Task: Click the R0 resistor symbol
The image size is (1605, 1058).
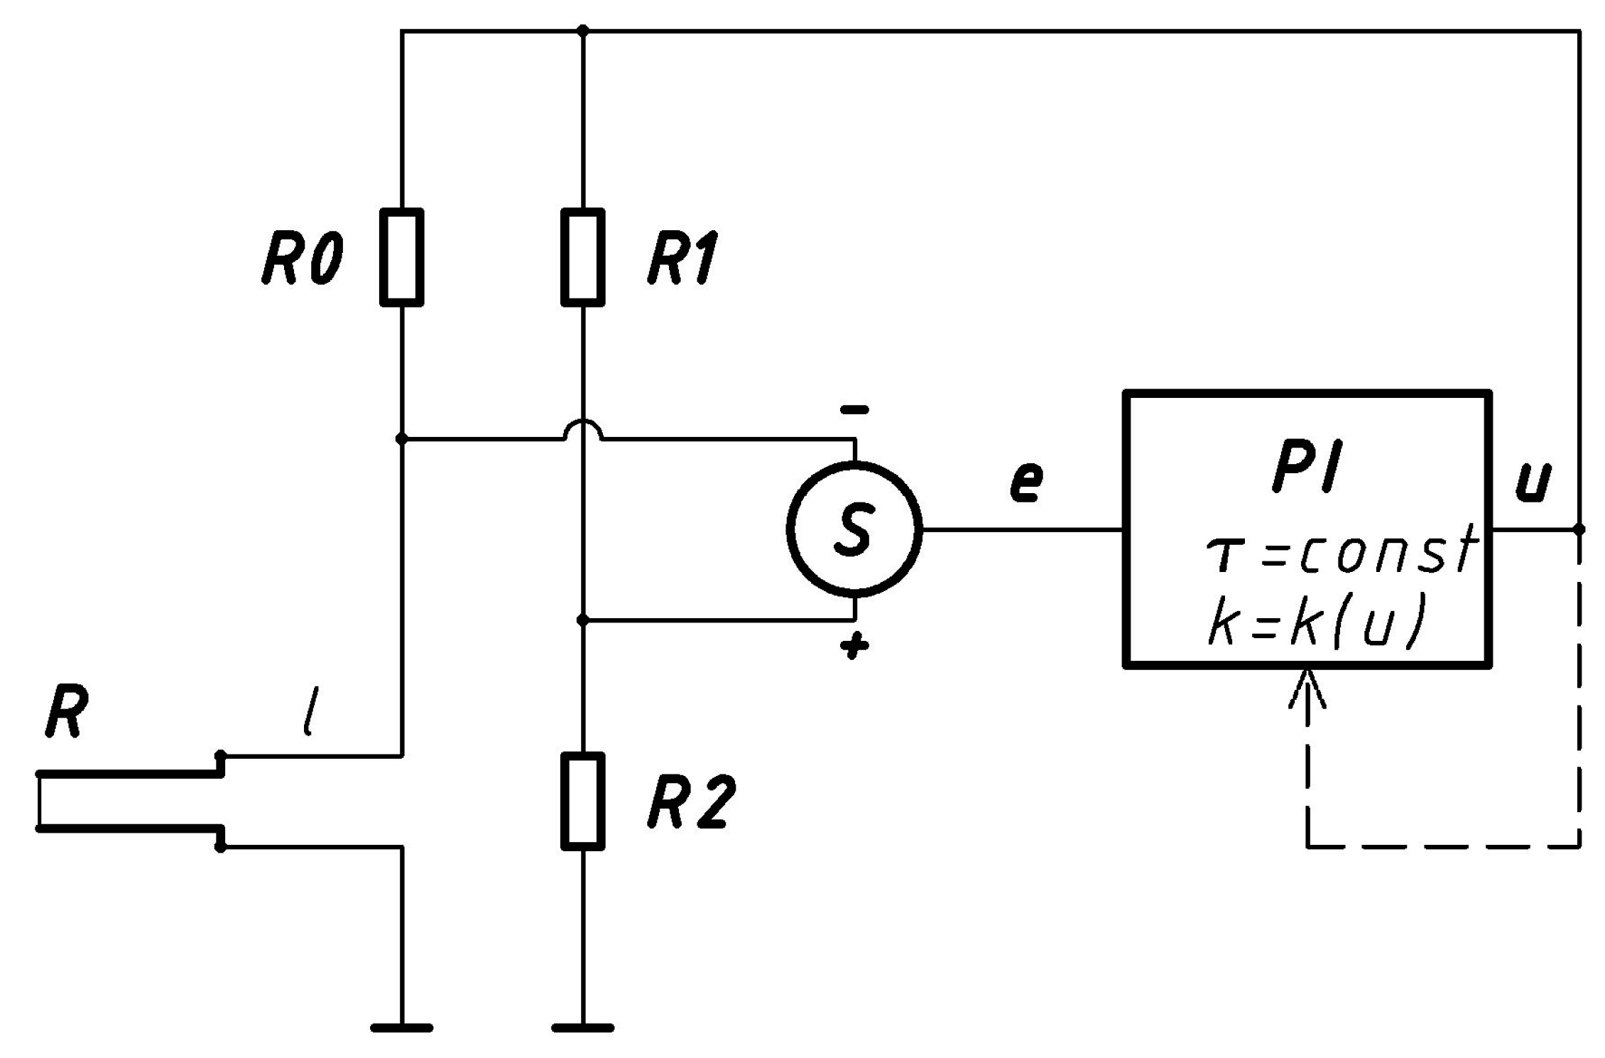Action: tap(401, 257)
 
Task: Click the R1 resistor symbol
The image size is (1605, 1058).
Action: tap(582, 257)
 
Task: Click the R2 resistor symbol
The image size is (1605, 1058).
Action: tap(582, 801)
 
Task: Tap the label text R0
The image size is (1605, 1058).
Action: tap(302, 259)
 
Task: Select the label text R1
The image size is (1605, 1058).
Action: tap(682, 259)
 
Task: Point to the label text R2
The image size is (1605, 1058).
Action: tap(687, 803)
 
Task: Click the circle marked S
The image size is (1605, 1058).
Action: tap(854, 529)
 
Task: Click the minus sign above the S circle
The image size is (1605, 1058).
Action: tap(854, 410)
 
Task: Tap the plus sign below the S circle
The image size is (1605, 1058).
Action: tap(854, 646)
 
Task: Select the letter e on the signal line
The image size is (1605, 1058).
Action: tap(1026, 482)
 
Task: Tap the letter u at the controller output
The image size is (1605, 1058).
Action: tap(1533, 483)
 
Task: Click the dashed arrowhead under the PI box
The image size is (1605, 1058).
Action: tap(1307, 688)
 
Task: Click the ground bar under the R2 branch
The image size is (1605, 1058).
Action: tap(582, 1027)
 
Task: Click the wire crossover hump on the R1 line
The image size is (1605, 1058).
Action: tap(582, 428)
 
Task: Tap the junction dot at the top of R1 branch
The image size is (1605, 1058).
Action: tap(582, 31)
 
